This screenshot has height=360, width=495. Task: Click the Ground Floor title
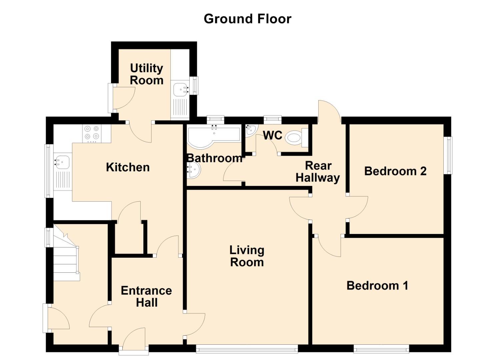coord(247,19)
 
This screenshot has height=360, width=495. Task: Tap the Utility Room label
coord(146,74)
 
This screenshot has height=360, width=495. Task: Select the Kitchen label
coord(128,167)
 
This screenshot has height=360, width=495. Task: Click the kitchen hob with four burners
coord(92,132)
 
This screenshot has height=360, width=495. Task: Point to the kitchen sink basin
coord(62,162)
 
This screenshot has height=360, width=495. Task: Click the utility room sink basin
coord(180,89)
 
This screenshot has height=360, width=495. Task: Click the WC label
coord(273,135)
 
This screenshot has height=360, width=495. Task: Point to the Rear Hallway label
coord(318,172)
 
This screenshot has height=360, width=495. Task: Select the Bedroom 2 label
coord(395,171)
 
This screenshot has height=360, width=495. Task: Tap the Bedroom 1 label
coord(377,285)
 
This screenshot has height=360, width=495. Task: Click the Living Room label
coord(247,256)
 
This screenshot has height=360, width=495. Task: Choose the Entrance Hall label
coord(146,296)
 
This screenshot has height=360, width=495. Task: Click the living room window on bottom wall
coord(247,349)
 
